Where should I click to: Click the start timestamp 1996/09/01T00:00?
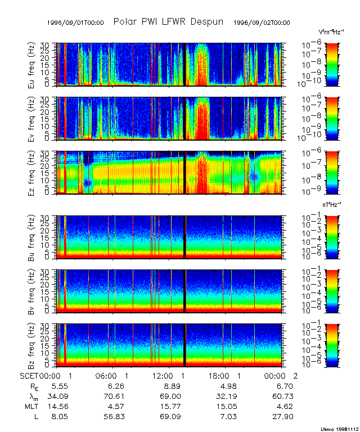pos(75,22)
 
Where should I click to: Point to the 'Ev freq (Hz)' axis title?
pos(33,119)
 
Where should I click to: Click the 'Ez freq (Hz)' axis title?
pos(33,173)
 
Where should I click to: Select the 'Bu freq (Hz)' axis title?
pos(33,236)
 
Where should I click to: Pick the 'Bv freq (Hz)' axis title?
pos(33,291)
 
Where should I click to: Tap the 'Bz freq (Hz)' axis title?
pos(33,345)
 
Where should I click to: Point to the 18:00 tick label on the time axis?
pos(223,375)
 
